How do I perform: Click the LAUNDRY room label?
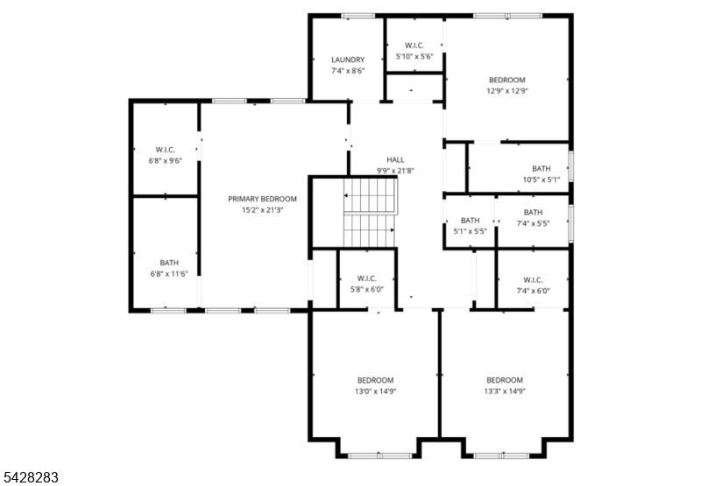[348, 60]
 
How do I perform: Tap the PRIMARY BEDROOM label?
[262, 200]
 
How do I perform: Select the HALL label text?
[396, 160]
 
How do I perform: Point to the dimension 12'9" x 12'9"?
[507, 91]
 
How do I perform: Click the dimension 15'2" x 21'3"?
[262, 210]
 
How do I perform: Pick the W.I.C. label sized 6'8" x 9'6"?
[166, 150]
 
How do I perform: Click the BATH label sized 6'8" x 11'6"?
[169, 263]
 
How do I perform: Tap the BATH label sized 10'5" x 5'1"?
[542, 169]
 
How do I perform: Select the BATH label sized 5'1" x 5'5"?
[471, 221]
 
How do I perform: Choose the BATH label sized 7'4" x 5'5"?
[534, 213]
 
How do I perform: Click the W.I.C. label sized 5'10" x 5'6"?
[414, 46]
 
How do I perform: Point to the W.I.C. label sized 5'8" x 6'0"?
[367, 278]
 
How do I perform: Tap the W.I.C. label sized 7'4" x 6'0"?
[534, 280]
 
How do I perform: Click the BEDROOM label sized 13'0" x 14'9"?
[376, 381]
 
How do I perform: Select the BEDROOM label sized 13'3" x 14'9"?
[505, 381]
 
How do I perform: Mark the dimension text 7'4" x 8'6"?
[348, 71]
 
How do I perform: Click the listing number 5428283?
[30, 477]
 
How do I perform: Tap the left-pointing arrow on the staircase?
[370, 195]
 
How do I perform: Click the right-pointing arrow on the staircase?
[369, 230]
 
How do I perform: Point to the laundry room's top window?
[358, 16]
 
